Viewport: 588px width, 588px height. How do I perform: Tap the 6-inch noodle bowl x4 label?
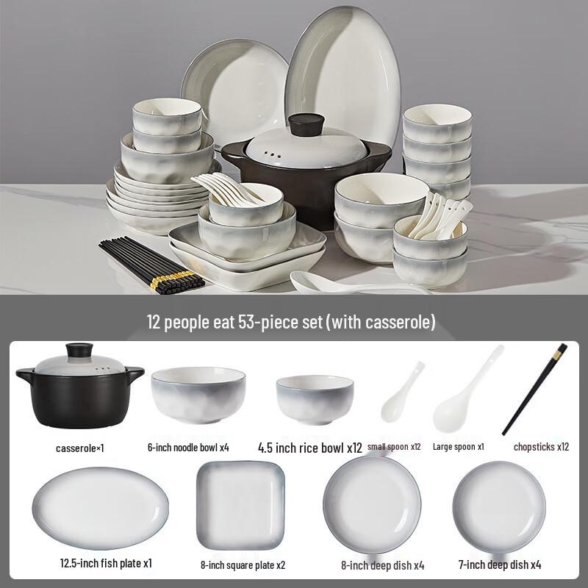coord(189,447)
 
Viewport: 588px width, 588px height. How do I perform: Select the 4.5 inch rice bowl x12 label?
coord(310,447)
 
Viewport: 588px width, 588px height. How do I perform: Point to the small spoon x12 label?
coord(394,446)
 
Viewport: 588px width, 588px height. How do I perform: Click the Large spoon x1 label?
coord(459,446)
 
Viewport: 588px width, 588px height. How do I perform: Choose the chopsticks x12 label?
coord(540,446)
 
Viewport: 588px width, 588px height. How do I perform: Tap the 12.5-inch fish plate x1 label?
coord(106,564)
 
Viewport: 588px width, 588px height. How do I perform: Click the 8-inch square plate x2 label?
coord(243,564)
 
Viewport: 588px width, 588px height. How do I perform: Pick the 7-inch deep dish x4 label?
coord(499,564)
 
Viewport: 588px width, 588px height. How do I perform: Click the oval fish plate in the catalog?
coord(101,508)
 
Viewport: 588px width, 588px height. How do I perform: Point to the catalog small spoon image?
coord(401,393)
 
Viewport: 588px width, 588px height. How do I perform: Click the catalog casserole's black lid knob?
coord(79,350)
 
